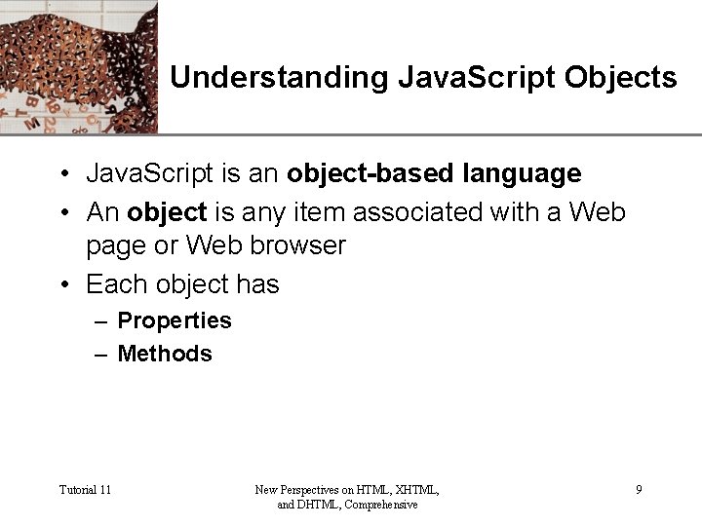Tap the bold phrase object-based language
434,174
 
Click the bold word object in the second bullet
167,211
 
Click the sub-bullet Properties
175,320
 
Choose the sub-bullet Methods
165,354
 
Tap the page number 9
639,489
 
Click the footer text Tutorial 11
85,489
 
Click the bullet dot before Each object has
63,285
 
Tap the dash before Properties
101,321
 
